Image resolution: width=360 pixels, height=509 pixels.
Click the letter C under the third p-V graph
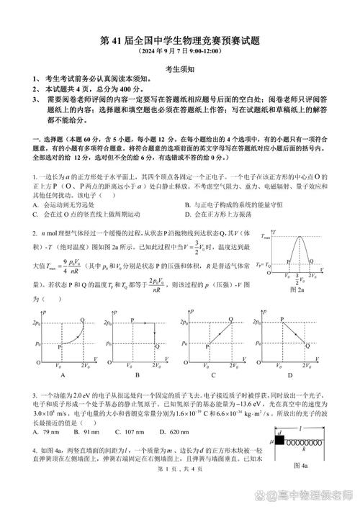click(214, 375)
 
